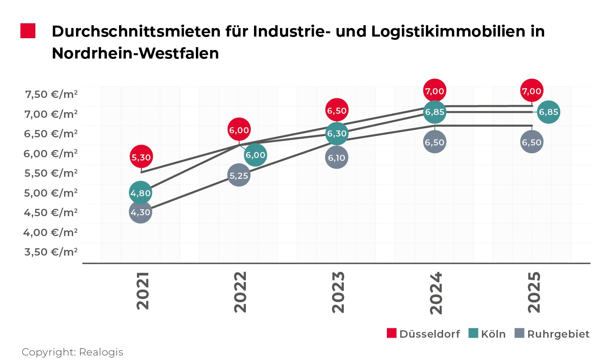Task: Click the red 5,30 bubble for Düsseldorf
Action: click(x=141, y=157)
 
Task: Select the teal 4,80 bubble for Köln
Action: click(x=141, y=193)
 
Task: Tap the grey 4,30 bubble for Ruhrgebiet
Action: click(x=141, y=212)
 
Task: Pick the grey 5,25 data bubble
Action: click(x=239, y=176)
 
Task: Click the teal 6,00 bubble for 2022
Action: click(x=255, y=155)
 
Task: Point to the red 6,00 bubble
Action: click(x=239, y=130)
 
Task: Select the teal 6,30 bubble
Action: click(x=337, y=133)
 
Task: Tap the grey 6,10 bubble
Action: click(x=336, y=158)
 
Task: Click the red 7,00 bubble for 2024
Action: click(x=434, y=91)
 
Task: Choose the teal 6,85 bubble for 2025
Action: click(x=548, y=112)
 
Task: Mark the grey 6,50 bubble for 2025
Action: click(x=532, y=142)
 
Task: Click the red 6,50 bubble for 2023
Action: click(x=337, y=110)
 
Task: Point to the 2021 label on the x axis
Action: click(x=143, y=291)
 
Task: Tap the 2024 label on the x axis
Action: click(x=436, y=293)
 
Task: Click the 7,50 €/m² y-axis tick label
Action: click(x=51, y=94)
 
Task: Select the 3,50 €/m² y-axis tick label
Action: click(x=51, y=252)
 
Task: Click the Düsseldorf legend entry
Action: click(x=423, y=334)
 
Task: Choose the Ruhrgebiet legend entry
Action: click(x=552, y=334)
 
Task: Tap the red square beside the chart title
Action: click(x=28, y=31)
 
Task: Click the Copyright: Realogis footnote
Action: click(x=72, y=352)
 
